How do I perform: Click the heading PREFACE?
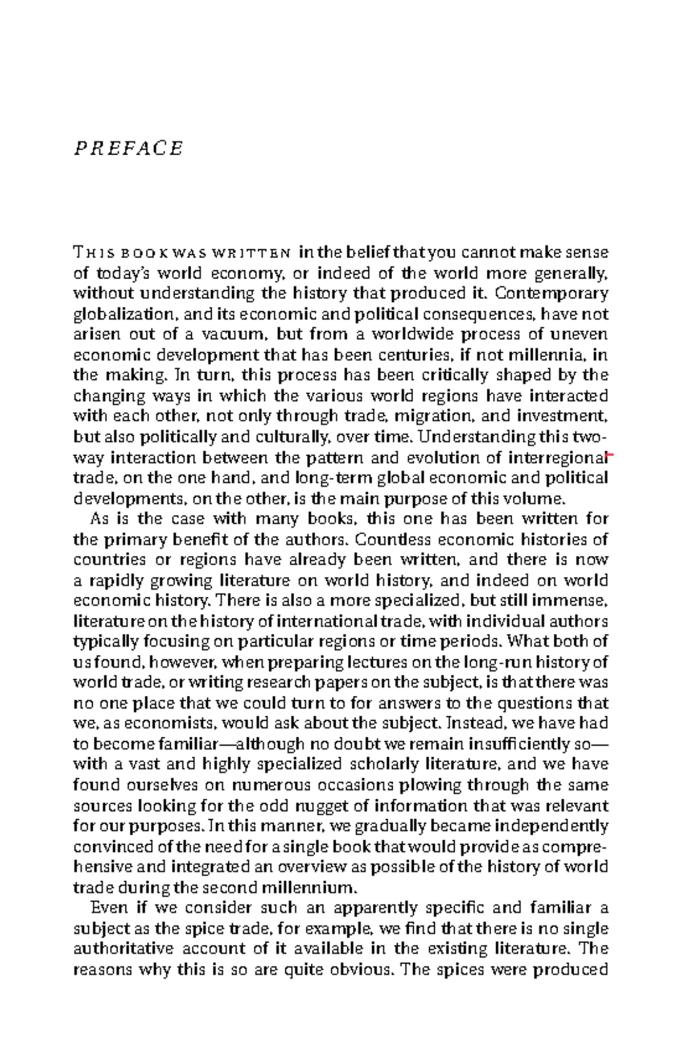point(128,148)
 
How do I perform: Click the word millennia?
point(547,355)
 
